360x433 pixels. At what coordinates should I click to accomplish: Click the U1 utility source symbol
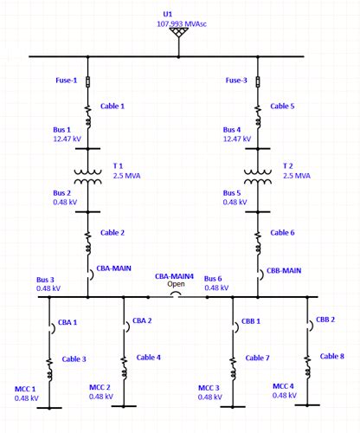(178, 32)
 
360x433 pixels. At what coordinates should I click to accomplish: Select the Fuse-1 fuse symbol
(87, 81)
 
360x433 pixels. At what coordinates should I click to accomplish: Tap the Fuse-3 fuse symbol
(258, 81)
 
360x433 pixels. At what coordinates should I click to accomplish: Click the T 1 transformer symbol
(87, 176)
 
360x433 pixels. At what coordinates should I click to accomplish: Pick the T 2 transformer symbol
(258, 176)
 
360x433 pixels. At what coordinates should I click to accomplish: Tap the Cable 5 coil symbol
(258, 110)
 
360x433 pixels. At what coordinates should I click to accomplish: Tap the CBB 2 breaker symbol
(308, 324)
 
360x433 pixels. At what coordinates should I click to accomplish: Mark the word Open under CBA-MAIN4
(177, 284)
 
